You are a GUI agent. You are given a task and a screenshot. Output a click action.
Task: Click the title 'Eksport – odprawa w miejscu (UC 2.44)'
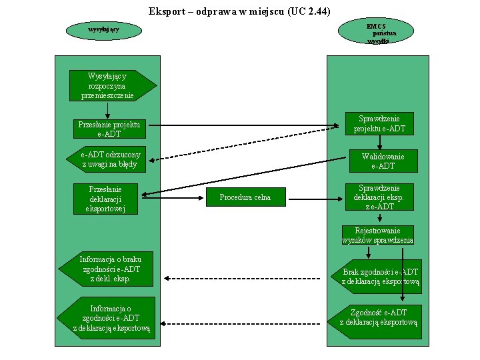click(x=239, y=11)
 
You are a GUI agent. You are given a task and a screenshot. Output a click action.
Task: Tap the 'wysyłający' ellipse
click(x=104, y=30)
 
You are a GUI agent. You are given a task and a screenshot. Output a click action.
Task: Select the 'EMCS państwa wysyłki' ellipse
click(x=376, y=31)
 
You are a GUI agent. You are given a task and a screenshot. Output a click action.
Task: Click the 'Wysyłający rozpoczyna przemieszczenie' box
click(x=113, y=86)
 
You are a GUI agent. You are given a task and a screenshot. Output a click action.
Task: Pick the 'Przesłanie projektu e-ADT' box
click(x=109, y=129)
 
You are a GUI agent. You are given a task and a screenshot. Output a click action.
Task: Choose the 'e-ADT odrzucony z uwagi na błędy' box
click(x=106, y=159)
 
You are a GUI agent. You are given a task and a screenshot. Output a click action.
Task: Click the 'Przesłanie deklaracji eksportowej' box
click(x=105, y=199)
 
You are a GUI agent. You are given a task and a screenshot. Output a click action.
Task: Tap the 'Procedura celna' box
click(x=246, y=197)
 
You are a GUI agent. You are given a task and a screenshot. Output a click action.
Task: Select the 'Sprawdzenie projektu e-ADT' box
click(x=379, y=124)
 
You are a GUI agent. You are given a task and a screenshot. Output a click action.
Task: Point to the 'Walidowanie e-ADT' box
click(x=383, y=161)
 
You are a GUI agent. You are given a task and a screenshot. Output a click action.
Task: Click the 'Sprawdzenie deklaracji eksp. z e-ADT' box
click(x=379, y=197)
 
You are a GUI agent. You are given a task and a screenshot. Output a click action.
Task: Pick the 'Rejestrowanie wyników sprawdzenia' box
click(x=378, y=235)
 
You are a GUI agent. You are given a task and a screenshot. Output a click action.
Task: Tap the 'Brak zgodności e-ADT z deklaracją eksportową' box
click(x=377, y=277)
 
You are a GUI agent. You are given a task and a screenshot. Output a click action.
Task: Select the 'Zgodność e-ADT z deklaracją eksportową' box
click(x=375, y=322)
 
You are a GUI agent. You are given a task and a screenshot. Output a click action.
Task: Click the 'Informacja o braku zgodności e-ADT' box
click(x=106, y=269)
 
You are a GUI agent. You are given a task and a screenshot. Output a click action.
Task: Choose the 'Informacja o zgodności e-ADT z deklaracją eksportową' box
click(x=106, y=318)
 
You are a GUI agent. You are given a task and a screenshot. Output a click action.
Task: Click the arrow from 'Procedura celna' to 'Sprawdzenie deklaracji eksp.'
click(x=315, y=199)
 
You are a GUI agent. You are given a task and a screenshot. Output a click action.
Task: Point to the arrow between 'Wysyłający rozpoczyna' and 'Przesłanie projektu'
click(x=107, y=111)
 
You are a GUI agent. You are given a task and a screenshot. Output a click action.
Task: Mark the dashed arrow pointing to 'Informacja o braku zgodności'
click(x=242, y=279)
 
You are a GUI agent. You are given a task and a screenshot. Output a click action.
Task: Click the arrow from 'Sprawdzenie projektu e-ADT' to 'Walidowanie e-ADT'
click(x=379, y=143)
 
